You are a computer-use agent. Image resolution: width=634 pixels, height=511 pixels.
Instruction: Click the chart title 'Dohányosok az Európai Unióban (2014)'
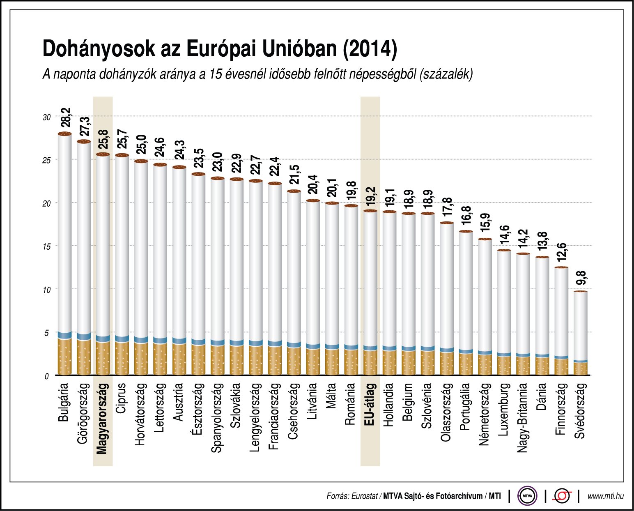pos(220,49)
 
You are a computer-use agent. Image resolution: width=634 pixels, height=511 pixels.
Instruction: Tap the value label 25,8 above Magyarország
pos(103,140)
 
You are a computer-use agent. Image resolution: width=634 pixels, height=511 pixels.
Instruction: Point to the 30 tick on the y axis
pos(46,117)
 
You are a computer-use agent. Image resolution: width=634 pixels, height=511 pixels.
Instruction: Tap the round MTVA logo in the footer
pos(527,496)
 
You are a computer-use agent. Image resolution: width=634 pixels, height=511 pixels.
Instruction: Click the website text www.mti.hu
pos(605,496)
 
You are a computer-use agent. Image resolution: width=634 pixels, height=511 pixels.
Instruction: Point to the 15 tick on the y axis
pos(46,246)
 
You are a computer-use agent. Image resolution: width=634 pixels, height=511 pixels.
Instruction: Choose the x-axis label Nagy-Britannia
pos(522,418)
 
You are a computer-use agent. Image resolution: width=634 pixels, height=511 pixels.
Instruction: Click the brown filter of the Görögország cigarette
pos(84,357)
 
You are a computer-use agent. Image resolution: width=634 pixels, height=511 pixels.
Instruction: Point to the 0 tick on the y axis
pos(47,376)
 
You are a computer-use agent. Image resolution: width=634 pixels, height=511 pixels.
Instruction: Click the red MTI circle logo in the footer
pos(562,496)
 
